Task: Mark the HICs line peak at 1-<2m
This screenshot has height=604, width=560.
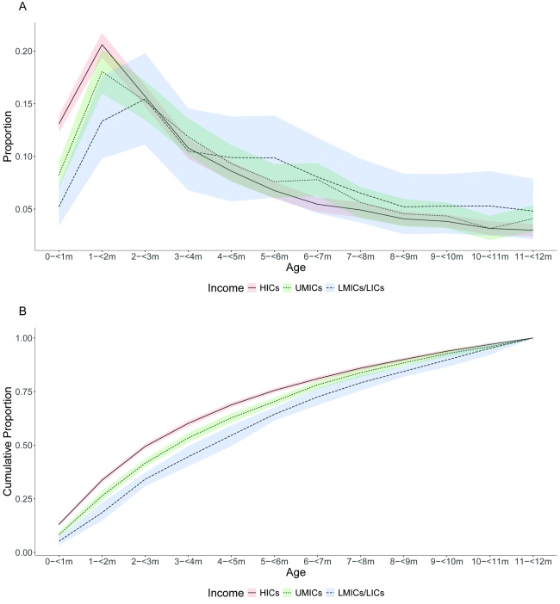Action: pos(102,45)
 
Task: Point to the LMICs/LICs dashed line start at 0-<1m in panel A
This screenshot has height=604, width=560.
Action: pos(59,206)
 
